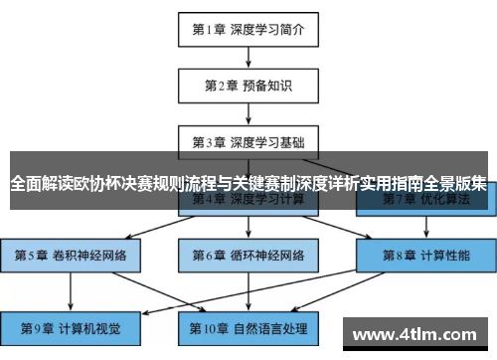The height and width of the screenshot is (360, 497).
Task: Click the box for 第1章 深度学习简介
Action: (x=248, y=29)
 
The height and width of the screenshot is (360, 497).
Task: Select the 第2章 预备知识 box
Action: (x=248, y=86)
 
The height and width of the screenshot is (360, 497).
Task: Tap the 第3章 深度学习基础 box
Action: (x=248, y=141)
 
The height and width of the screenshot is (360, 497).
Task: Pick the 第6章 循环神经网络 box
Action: (x=248, y=256)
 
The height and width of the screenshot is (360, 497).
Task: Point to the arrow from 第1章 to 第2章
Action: (x=248, y=57)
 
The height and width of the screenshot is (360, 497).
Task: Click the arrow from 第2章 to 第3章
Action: (x=248, y=113)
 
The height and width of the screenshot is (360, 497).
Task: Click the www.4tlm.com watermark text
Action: (x=421, y=333)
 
